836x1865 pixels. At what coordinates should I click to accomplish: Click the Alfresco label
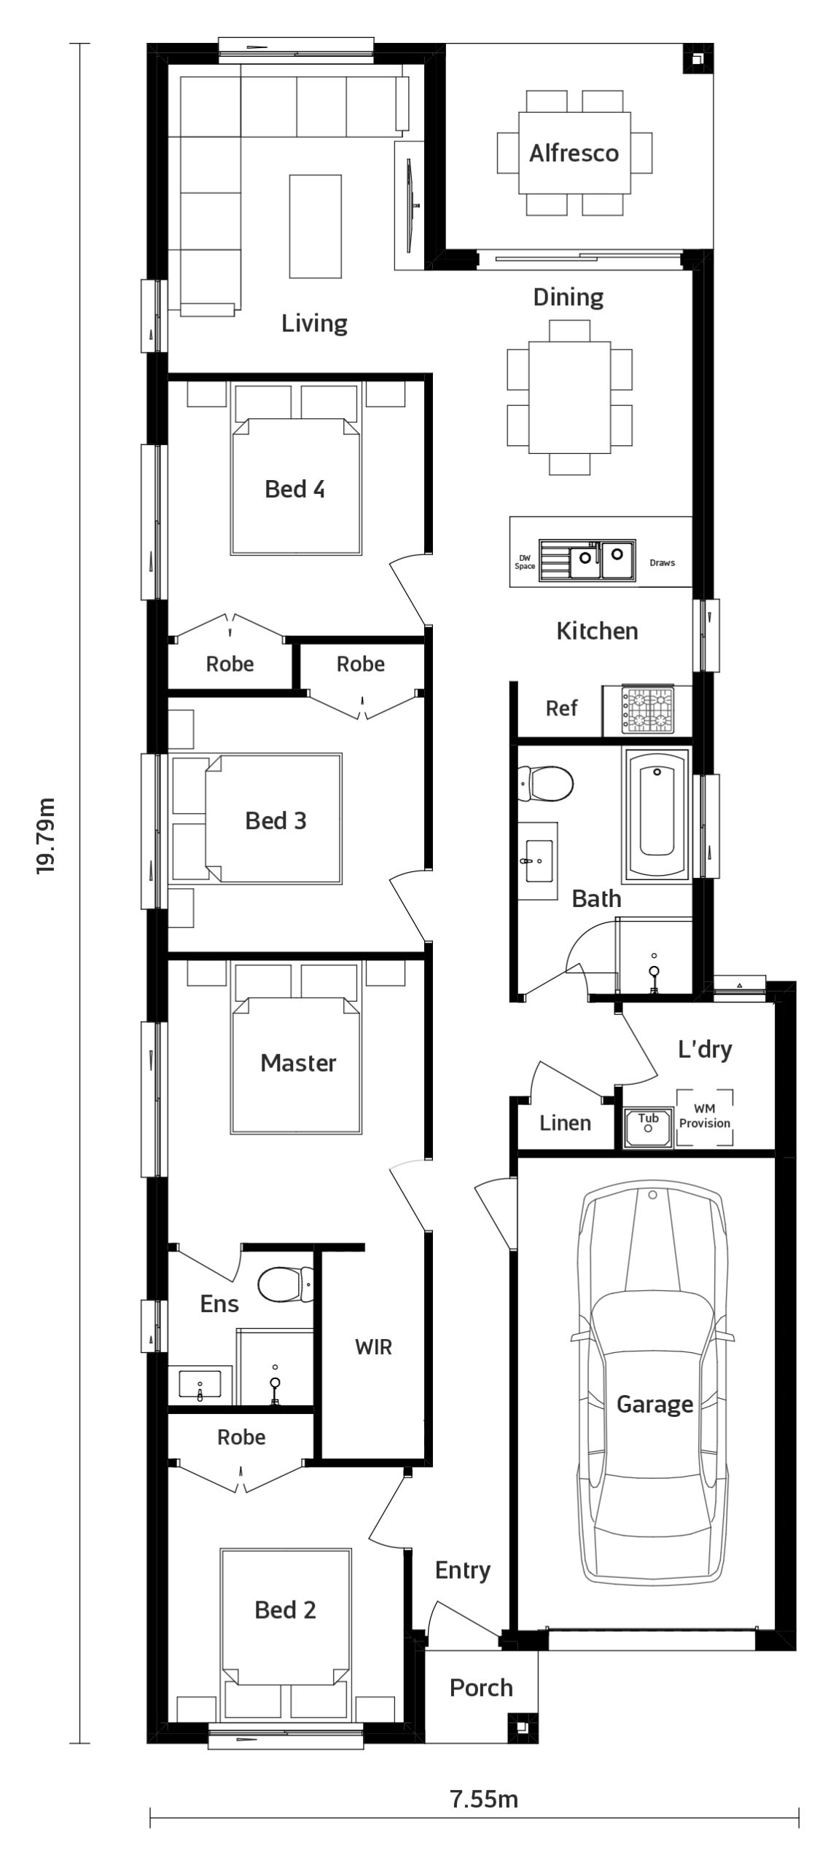click(574, 153)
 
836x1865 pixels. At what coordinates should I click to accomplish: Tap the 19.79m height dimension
click(47, 836)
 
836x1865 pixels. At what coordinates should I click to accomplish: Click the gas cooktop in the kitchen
click(647, 710)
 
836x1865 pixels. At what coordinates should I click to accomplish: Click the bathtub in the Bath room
click(656, 814)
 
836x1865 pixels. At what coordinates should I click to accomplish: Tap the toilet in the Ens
click(286, 1283)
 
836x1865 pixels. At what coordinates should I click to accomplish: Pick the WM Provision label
click(704, 1116)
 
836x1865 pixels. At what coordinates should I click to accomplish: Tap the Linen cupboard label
click(565, 1123)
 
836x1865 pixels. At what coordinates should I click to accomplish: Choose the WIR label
click(373, 1347)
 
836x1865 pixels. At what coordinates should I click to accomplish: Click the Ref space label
click(561, 708)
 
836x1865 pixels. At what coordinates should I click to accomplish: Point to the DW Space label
click(525, 562)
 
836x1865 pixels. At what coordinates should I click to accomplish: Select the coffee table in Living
click(315, 226)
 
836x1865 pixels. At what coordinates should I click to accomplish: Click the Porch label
click(481, 1687)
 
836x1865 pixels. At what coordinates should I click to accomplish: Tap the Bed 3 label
click(276, 821)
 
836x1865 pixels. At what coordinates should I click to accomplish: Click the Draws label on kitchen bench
click(662, 562)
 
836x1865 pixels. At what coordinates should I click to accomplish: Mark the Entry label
click(463, 1570)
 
